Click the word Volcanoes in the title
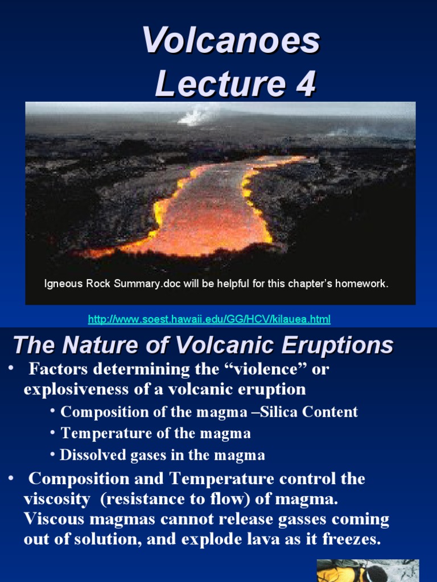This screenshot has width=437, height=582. click(x=231, y=41)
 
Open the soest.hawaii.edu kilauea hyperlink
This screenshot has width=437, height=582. click(x=209, y=319)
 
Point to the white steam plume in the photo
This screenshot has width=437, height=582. click(x=193, y=117)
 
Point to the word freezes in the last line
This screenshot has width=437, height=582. click(x=351, y=539)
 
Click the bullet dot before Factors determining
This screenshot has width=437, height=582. click(x=11, y=369)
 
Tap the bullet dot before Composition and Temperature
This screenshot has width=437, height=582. click(x=11, y=479)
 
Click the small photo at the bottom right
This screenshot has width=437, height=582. click(x=367, y=570)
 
